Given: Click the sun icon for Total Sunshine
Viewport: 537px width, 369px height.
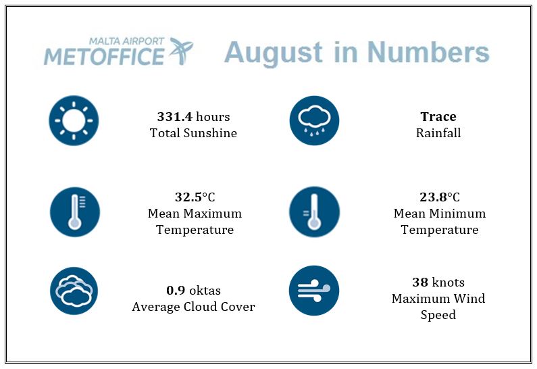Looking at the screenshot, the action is click(x=74, y=120).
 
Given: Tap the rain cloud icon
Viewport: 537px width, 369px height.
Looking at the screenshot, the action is click(x=314, y=120).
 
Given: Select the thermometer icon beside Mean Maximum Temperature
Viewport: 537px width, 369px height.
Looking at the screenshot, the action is click(x=75, y=212).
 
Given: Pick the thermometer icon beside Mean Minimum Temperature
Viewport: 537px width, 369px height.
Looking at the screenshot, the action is click(x=314, y=212).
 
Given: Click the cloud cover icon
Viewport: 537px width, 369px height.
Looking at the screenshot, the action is click(x=74, y=291).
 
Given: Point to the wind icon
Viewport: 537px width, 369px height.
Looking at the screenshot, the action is click(x=314, y=291).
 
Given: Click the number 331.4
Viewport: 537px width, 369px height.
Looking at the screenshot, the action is click(x=175, y=117).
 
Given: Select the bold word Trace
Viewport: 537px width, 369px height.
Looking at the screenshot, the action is click(x=438, y=117).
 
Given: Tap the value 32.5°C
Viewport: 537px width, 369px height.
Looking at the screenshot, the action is click(x=195, y=197).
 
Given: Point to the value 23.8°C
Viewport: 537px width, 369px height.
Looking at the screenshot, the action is click(x=440, y=197).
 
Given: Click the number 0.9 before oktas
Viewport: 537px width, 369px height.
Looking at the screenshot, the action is click(x=176, y=291).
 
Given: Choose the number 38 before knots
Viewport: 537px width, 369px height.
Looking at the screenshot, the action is click(x=420, y=282).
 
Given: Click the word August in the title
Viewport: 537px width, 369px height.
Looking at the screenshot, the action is click(x=274, y=53).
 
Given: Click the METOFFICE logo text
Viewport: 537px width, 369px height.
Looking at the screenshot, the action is click(x=104, y=57).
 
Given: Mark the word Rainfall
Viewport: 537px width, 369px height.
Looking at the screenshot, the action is click(x=438, y=133).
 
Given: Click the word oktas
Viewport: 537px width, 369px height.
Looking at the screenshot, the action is click(x=205, y=291).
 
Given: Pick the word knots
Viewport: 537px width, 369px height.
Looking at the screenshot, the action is click(x=449, y=282).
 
